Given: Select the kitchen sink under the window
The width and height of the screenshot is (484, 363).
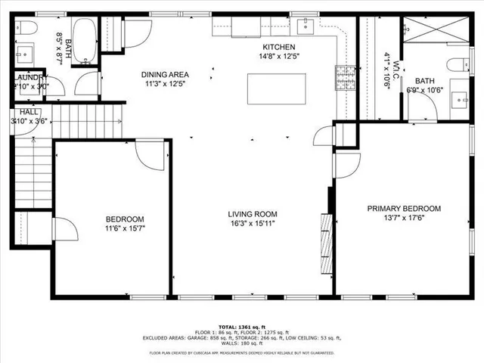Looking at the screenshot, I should point(247,28).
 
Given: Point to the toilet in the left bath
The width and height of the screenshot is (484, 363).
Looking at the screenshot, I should point(28,28).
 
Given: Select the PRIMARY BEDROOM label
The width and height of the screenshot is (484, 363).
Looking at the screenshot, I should point(403,209).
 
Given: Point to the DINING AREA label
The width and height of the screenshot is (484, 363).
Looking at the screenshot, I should point(165,75).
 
